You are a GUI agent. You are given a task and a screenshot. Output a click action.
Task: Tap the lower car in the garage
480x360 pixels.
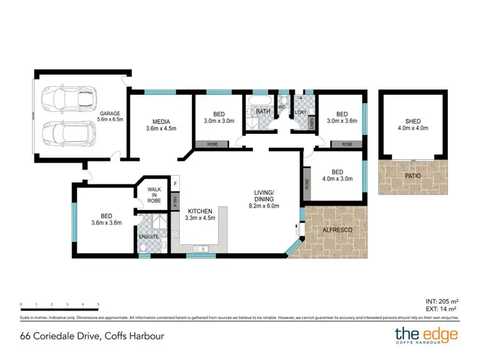tap(68, 135)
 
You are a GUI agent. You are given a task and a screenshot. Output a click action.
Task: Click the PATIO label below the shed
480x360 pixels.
tap(413, 174)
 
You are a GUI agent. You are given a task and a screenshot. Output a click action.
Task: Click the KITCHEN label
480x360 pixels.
tap(200, 211)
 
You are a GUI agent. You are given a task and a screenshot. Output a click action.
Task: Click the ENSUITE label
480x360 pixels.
tap(148, 237)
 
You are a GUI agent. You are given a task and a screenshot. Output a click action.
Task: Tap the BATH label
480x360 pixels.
tap(263, 111)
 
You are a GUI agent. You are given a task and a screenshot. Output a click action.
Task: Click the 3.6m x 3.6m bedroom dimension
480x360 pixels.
tap(102, 224)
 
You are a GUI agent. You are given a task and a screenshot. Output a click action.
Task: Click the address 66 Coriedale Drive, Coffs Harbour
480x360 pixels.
tap(88, 336)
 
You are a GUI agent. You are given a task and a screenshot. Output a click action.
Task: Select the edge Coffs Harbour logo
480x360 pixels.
tap(426, 335)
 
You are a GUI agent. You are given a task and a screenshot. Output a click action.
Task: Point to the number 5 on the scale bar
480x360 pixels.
tap(98, 304)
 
